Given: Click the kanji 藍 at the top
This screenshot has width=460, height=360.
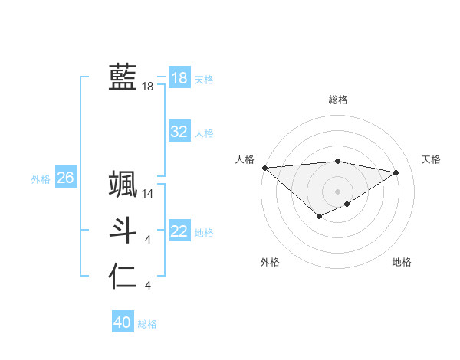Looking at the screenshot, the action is (123, 77).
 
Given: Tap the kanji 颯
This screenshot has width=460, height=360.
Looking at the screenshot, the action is (123, 185).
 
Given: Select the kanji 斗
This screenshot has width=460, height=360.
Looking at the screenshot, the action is (123, 231).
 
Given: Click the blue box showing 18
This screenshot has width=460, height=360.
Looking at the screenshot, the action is (179, 78).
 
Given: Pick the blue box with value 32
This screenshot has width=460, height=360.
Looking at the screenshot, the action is (179, 132).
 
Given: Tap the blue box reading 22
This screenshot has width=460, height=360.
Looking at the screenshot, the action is (179, 231).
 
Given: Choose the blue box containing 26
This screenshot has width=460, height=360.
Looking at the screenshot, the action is (65, 178).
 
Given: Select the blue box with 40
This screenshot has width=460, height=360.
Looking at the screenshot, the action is (122, 322).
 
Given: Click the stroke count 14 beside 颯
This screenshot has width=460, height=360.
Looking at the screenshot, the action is (148, 195).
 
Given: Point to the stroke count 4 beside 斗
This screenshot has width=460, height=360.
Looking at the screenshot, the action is (148, 241).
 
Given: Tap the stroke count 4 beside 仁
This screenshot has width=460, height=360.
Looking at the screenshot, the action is (148, 286).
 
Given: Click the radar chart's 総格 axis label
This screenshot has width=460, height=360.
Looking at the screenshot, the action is (337, 100).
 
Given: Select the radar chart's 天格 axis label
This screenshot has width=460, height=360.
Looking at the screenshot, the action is (432, 159).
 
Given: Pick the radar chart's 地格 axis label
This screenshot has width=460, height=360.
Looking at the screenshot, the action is (402, 262).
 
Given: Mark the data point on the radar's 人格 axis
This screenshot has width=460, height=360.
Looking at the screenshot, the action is (264, 168).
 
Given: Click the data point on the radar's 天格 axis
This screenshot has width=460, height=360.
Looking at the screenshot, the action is (396, 172).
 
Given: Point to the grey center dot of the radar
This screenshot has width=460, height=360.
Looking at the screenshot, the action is (337, 191).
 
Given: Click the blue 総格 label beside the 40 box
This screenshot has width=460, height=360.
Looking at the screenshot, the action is (147, 324).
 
